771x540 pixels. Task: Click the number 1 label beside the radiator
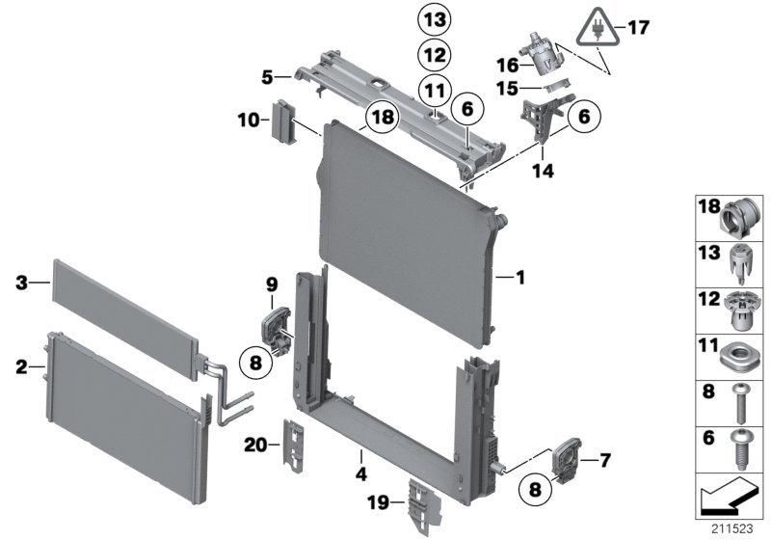point(519,279)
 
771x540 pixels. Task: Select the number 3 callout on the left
point(20,283)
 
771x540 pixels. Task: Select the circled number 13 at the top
point(434,18)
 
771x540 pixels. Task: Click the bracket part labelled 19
point(421,500)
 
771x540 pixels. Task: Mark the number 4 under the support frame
point(359,473)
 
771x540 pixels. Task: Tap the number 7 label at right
point(604,461)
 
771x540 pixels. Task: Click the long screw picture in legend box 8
point(738,397)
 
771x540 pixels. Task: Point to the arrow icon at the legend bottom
point(730,499)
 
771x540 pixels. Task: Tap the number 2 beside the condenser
point(20,365)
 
